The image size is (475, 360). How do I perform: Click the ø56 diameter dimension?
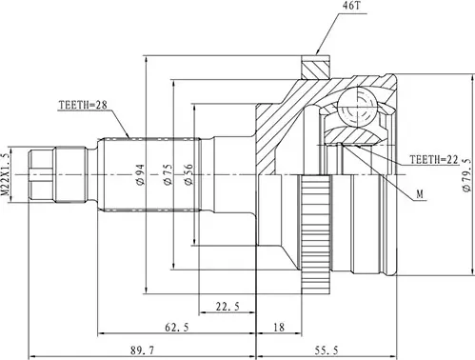coord(189,173)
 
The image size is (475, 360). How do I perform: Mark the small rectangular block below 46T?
coord(313,70)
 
